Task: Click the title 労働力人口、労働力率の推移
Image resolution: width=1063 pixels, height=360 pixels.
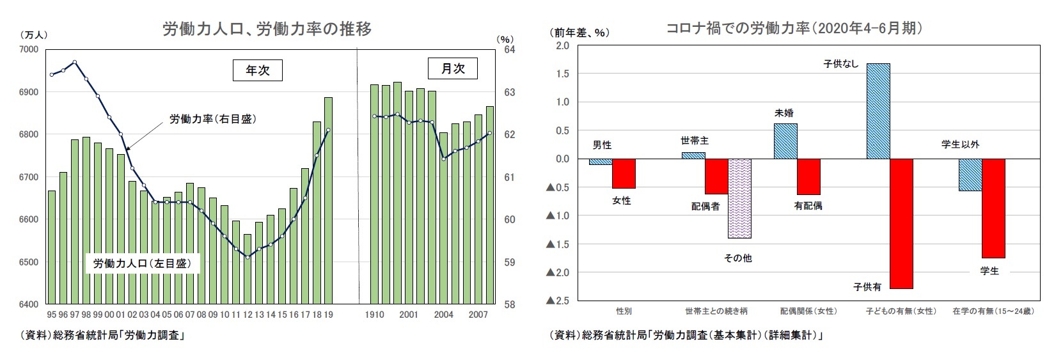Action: pos(267,29)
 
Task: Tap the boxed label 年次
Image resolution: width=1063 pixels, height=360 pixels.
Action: pos(257,70)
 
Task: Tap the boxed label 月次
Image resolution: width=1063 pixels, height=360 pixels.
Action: pos(452,68)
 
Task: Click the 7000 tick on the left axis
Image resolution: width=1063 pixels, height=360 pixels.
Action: pos(29,50)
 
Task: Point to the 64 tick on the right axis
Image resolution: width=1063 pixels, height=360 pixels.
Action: pos(510,50)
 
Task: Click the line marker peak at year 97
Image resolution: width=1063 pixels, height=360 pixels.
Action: pos(75,62)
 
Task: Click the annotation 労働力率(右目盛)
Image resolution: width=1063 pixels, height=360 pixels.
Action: pos(212,119)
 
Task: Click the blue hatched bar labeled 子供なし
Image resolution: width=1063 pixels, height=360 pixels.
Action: pos(878,111)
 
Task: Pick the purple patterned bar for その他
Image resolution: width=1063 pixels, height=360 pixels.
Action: pos(739,198)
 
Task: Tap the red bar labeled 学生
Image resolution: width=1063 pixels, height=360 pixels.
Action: pos(993,208)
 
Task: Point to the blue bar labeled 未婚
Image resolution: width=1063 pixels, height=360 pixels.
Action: pos(785,141)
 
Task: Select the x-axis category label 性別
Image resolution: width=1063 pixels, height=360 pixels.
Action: pos(624,311)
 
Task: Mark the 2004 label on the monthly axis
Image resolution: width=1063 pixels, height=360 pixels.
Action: pos(444,315)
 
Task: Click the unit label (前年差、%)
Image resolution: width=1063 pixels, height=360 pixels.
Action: pos(579,33)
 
